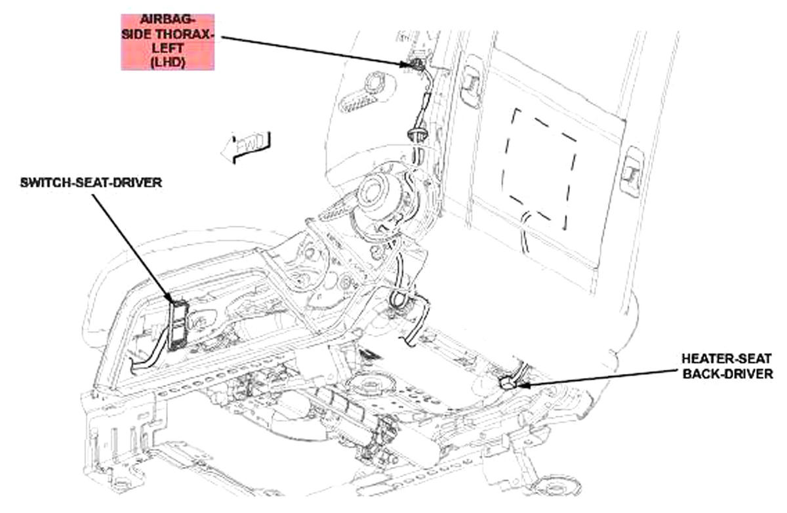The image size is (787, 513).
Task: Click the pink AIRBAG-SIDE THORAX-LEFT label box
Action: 168,42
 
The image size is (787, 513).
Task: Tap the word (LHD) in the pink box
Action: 168,62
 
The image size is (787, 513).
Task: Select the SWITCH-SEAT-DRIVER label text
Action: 91,183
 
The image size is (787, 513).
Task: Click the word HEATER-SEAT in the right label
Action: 726,359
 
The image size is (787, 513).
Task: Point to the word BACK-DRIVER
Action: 727,374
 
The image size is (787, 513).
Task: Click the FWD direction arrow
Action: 246,147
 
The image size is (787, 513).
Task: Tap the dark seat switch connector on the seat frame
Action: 178,325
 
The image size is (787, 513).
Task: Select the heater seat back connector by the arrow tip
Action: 506,383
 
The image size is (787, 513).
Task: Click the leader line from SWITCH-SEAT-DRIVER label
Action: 134,248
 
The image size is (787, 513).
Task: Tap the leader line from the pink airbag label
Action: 314,51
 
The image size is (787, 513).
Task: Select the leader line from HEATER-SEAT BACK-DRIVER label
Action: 597,378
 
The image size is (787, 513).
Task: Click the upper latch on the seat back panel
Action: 472,82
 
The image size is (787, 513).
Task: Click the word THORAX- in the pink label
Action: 184,34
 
